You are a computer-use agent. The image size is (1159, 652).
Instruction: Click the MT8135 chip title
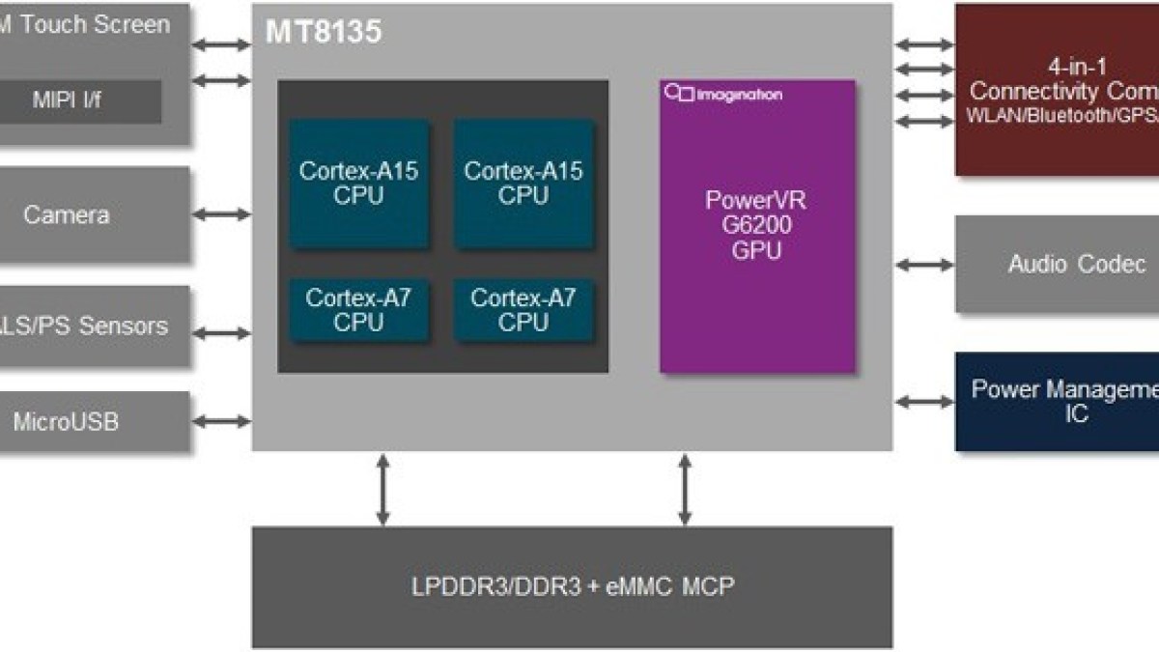pyautogui.click(x=324, y=33)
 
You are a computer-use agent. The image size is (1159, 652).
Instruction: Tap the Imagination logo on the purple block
pyautogui.click(x=724, y=94)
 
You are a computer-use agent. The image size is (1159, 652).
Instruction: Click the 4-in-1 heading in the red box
pyautogui.click(x=1077, y=67)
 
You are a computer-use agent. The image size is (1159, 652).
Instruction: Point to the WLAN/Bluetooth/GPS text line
pyautogui.click(x=1062, y=117)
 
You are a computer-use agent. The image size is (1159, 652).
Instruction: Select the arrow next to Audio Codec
pyautogui.click(x=924, y=264)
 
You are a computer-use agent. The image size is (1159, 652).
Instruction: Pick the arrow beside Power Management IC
pyautogui.click(x=924, y=401)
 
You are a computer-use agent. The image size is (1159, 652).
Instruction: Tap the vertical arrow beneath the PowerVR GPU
pyautogui.click(x=686, y=490)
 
